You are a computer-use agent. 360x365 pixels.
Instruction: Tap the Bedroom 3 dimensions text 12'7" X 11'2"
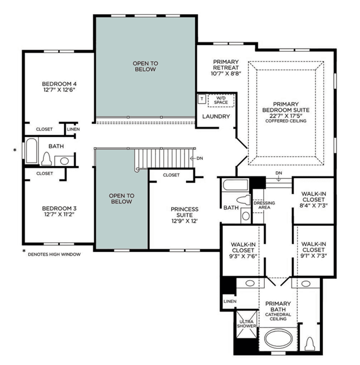(x=59, y=215)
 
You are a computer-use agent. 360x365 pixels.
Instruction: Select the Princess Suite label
(x=185, y=212)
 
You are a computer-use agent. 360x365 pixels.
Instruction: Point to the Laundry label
(x=216, y=117)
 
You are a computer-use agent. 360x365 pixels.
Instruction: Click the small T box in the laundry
(x=202, y=99)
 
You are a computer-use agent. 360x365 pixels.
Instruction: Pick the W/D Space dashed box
(x=221, y=101)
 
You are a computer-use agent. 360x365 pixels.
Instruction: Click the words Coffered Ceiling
(x=286, y=121)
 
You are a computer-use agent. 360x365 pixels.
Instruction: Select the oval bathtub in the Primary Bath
(x=278, y=339)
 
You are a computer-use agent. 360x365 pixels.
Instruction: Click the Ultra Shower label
(x=247, y=324)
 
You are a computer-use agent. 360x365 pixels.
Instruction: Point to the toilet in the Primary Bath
(x=310, y=344)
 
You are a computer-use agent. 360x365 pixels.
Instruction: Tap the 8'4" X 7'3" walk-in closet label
(x=314, y=200)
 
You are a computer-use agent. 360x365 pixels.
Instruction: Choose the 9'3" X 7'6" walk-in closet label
(x=243, y=251)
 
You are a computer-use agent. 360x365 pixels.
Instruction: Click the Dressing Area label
(x=264, y=205)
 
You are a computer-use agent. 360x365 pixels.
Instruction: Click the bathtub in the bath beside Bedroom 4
(x=32, y=151)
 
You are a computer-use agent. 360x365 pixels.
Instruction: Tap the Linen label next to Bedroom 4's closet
(x=73, y=129)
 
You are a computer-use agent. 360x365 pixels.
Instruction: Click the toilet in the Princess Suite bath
(x=243, y=200)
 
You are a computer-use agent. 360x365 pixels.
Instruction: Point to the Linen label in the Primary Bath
(x=230, y=301)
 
